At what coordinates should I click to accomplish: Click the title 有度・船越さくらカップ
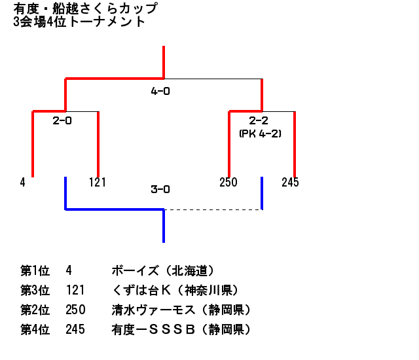pos(85,9)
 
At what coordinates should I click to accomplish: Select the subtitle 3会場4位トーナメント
pos(79,22)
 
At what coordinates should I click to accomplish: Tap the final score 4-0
pos(160,92)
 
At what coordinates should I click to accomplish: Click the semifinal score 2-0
pos(62,120)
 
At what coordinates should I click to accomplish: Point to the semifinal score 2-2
pos(259,120)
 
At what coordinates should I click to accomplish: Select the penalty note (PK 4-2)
pos(260,133)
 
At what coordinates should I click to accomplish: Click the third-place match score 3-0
pos(160,190)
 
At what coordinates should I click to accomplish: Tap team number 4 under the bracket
pos(22,183)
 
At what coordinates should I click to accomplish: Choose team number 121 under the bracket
pos(97,183)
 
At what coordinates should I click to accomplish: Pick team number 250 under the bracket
pos(228,183)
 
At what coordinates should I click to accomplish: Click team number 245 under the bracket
pos(290,183)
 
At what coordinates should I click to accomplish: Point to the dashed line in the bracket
pos(212,209)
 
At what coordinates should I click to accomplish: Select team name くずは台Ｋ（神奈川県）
pos(175,290)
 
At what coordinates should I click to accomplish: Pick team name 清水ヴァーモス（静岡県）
pos(181,310)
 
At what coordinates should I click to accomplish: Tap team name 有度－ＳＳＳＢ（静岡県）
pos(181,330)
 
